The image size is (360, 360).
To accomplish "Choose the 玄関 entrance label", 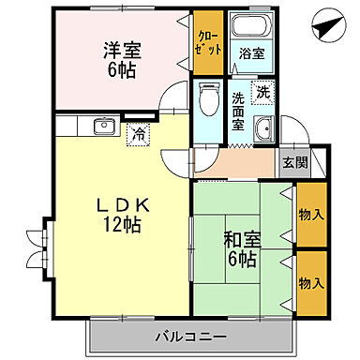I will coord(294,162).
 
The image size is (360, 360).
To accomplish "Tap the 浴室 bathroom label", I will coord(250,53).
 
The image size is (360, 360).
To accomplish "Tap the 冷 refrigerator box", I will coord(139,132).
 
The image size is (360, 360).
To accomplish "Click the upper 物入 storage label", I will coord(311,215).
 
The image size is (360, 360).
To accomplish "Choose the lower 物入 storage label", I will coord(311,281).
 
